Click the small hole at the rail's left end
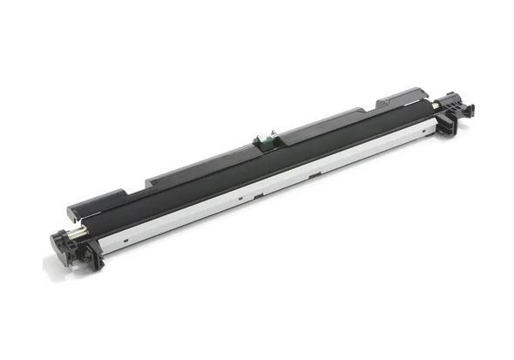tap(125, 234)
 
